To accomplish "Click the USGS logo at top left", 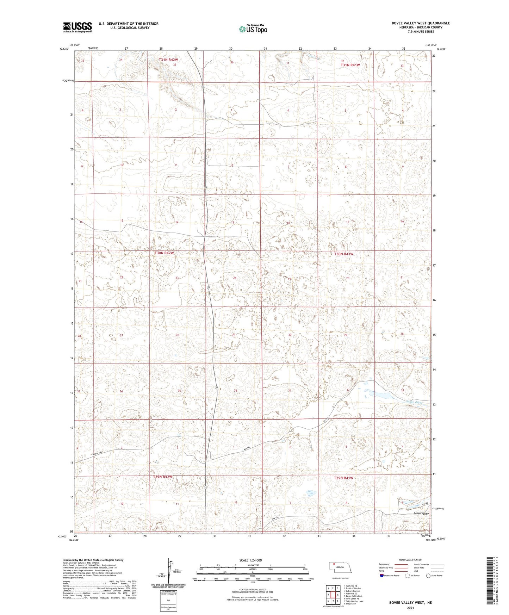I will [77, 27].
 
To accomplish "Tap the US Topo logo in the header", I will [253, 29].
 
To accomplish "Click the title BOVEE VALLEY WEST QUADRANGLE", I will [421, 23].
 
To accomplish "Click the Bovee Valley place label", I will [421, 514].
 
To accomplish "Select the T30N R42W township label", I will [164, 253].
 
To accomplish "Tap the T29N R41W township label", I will [343, 478].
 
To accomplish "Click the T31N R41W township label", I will [350, 65].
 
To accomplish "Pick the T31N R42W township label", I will [168, 60].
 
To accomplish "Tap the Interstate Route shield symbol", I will [382, 576].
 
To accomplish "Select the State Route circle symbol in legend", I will [428, 576].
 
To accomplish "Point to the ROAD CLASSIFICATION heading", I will [410, 560].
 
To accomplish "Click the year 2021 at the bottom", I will [410, 608].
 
